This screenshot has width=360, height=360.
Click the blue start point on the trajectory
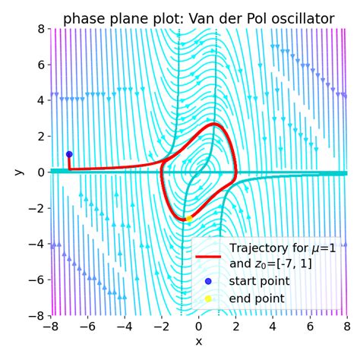coord(69,154)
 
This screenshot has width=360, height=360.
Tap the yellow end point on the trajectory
coord(189,218)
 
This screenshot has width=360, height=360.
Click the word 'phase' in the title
coord(84,18)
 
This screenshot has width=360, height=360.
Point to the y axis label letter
coord(20,172)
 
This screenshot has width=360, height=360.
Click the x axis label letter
coord(199,342)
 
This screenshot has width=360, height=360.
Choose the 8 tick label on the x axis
coord(346,327)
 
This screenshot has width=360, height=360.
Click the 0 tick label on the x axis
coord(199,327)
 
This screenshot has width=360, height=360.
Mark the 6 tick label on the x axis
coord(310,327)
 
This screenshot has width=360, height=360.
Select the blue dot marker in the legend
coord(209,281)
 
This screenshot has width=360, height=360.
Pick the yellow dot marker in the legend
coord(209,298)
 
